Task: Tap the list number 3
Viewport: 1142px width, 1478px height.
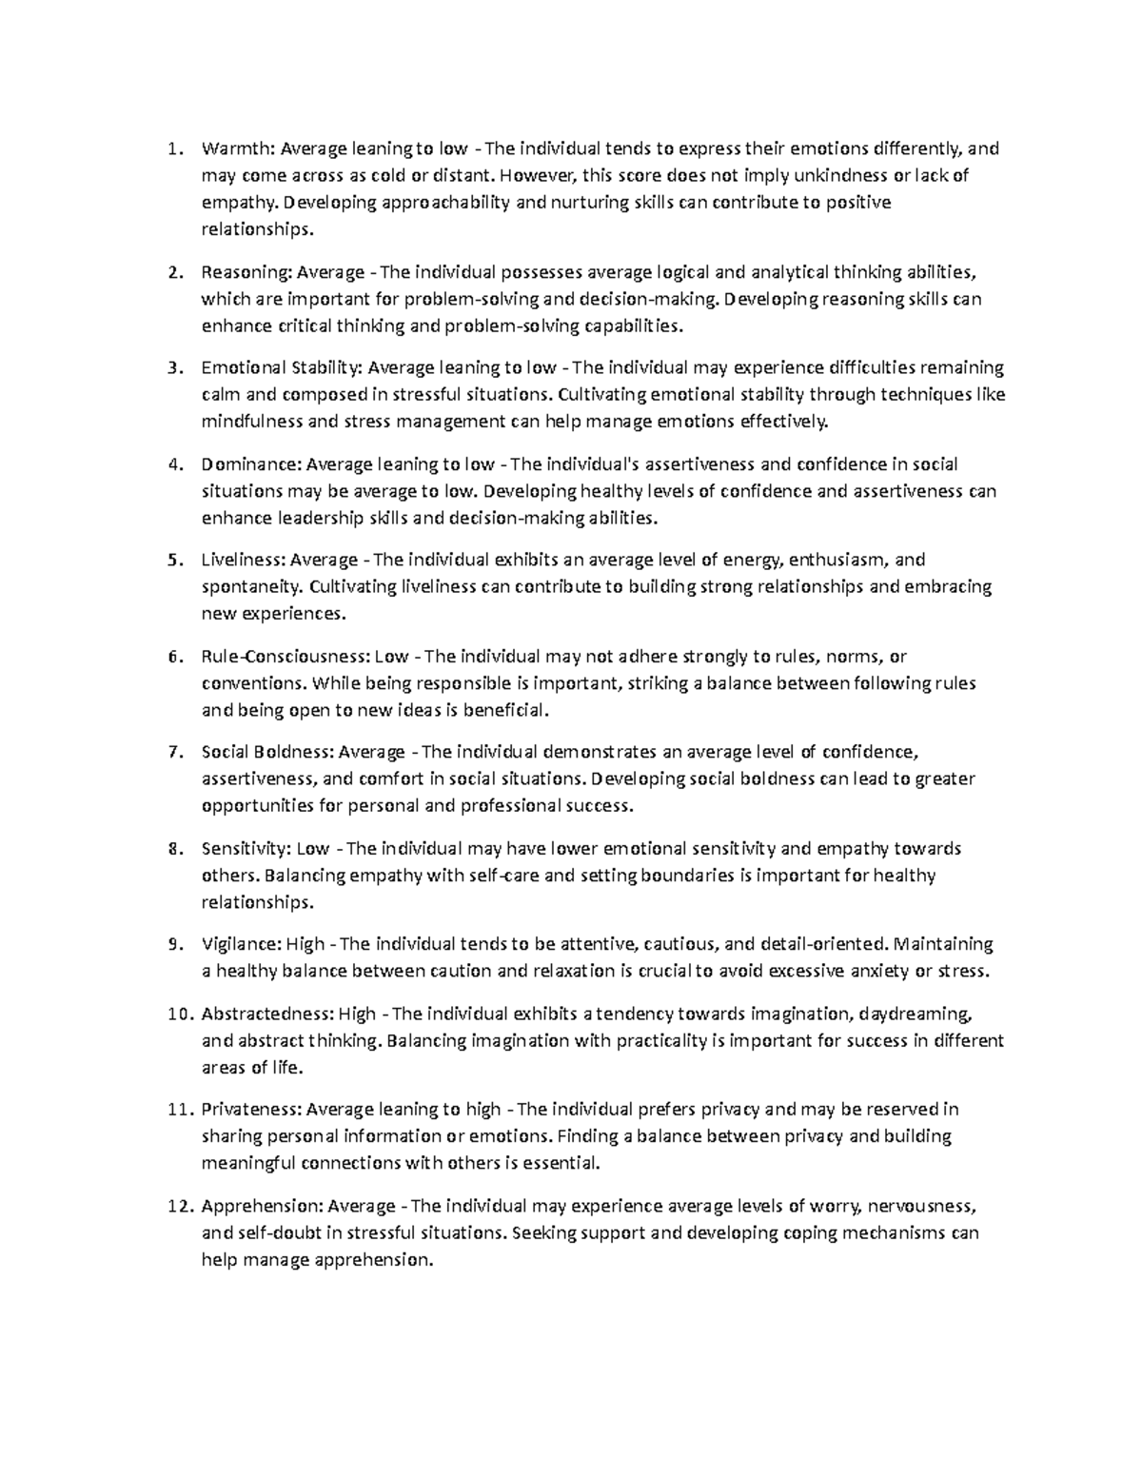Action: coord(172,368)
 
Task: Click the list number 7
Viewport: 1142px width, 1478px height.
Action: coord(172,753)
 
